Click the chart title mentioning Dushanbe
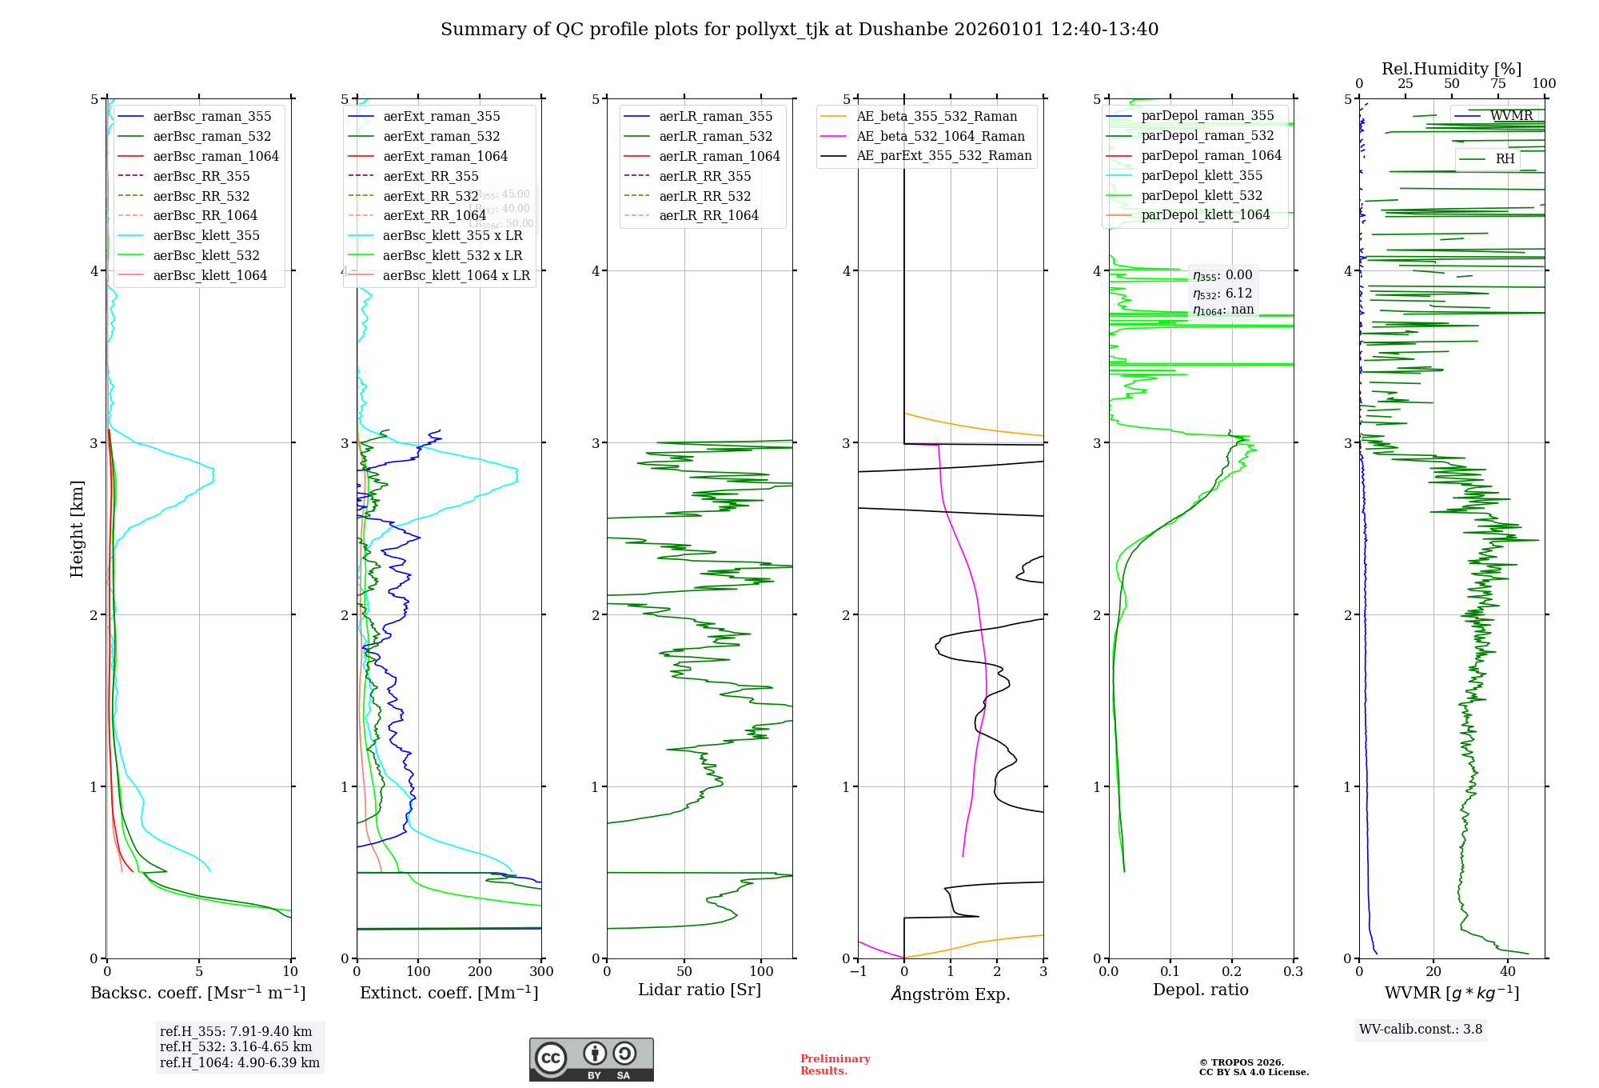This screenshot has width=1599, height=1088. pos(799,30)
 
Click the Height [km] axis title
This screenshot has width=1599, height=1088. pos(77,528)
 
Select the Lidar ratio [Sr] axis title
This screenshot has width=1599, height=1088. pos(700,990)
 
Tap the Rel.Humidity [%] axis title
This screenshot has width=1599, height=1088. pos(1451,69)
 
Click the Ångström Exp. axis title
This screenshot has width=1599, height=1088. pos(951,994)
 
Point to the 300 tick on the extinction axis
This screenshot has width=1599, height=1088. pos(541,971)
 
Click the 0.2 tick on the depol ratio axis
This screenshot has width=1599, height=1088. pos(1232,971)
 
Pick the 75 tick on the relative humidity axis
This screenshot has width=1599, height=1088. pos(1497,84)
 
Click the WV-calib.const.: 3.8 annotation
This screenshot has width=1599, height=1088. pos(1421,1029)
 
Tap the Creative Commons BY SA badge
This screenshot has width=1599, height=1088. pos(591,1059)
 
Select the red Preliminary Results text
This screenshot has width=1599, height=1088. pos(835,1064)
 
